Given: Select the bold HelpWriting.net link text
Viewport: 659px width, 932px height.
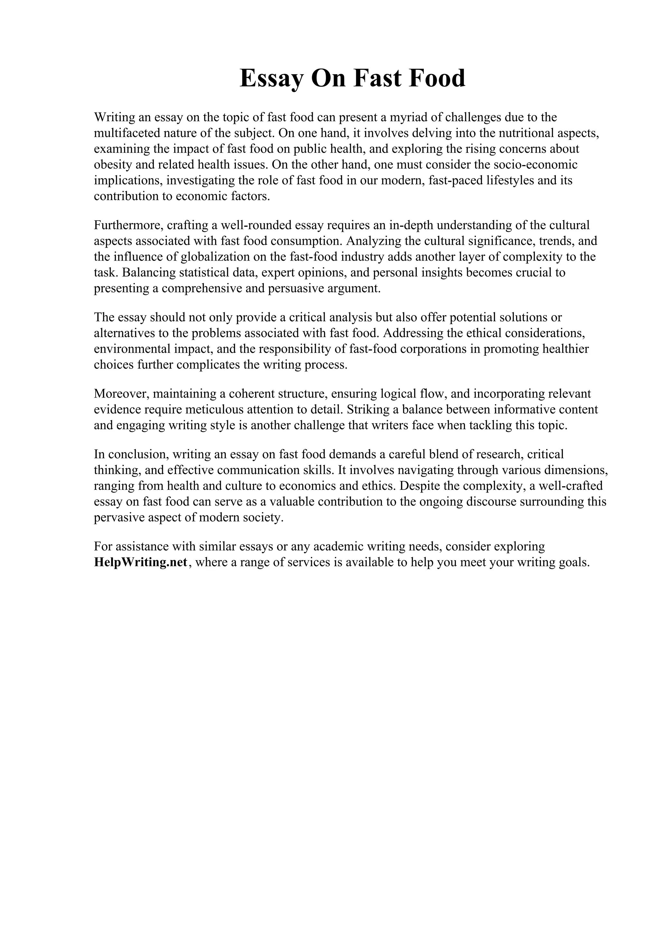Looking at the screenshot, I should pyautogui.click(x=141, y=562).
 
